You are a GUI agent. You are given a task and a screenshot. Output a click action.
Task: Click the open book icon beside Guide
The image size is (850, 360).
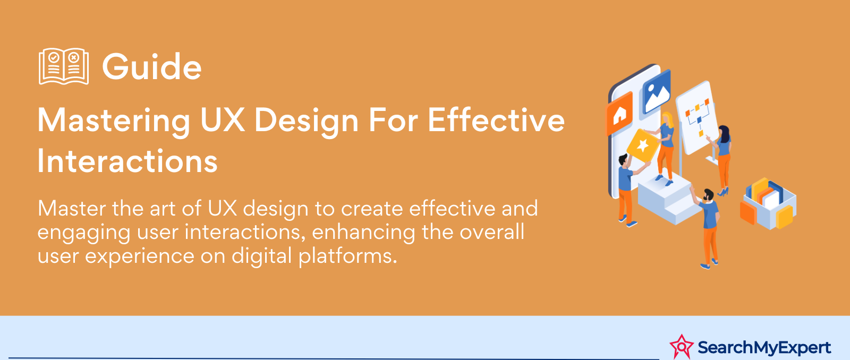coord(64,66)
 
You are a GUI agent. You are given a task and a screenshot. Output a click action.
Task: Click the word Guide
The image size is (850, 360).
coord(152,67)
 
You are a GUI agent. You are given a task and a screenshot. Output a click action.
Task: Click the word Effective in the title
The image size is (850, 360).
coord(496,119)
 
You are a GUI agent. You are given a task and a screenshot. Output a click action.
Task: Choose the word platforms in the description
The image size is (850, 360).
coord(347,256)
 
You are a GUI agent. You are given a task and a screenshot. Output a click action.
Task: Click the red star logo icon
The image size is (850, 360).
coord(682,347)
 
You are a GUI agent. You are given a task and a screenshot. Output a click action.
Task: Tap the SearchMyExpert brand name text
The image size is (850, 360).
coord(764,347)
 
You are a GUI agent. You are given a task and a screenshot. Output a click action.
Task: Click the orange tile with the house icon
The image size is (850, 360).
coord(619,113)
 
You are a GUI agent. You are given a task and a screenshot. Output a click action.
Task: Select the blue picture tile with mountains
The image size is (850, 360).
coord(657,91)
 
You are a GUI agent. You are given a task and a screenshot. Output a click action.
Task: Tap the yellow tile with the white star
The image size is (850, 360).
coord(643,145)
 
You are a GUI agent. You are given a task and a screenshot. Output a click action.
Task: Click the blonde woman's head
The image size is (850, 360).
coord(667,119)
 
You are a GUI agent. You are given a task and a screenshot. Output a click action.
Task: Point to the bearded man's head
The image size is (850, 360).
coord(708,195)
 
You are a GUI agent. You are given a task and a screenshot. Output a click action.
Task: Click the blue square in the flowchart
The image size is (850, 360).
coord(699,120)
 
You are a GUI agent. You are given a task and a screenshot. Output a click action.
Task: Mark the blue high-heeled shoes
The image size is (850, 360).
coord(723,192)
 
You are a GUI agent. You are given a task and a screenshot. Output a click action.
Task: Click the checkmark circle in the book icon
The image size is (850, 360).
coord(54,58)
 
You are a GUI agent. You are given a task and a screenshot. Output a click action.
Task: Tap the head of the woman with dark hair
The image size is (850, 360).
coord(724,133)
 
